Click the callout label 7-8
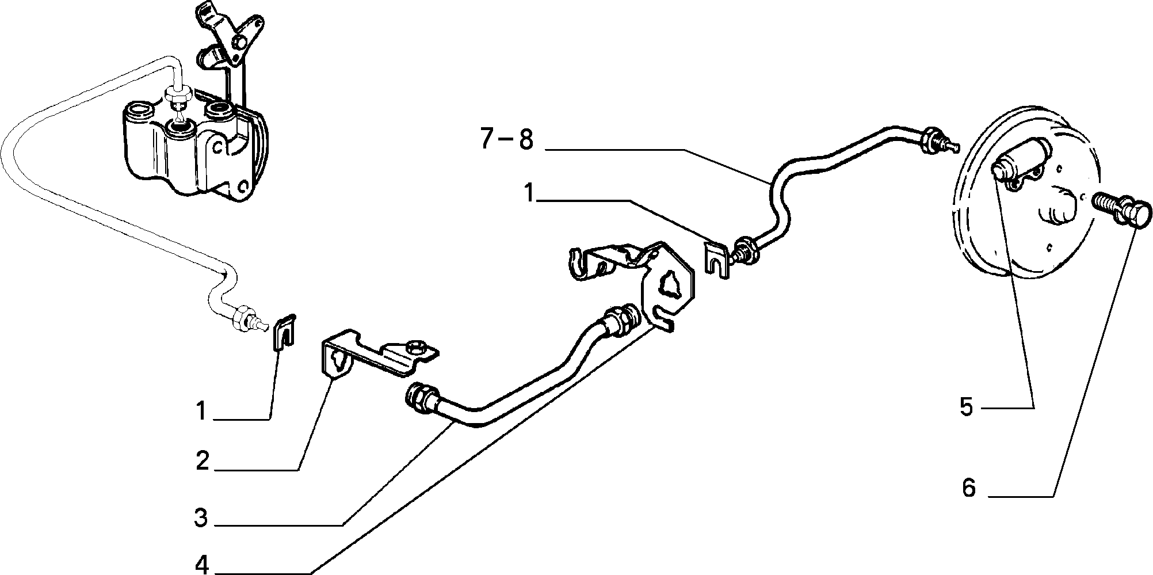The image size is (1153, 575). pyautogui.click(x=507, y=140)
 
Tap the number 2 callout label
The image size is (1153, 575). pyautogui.click(x=202, y=461)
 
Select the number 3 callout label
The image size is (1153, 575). pyautogui.click(x=201, y=517)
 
